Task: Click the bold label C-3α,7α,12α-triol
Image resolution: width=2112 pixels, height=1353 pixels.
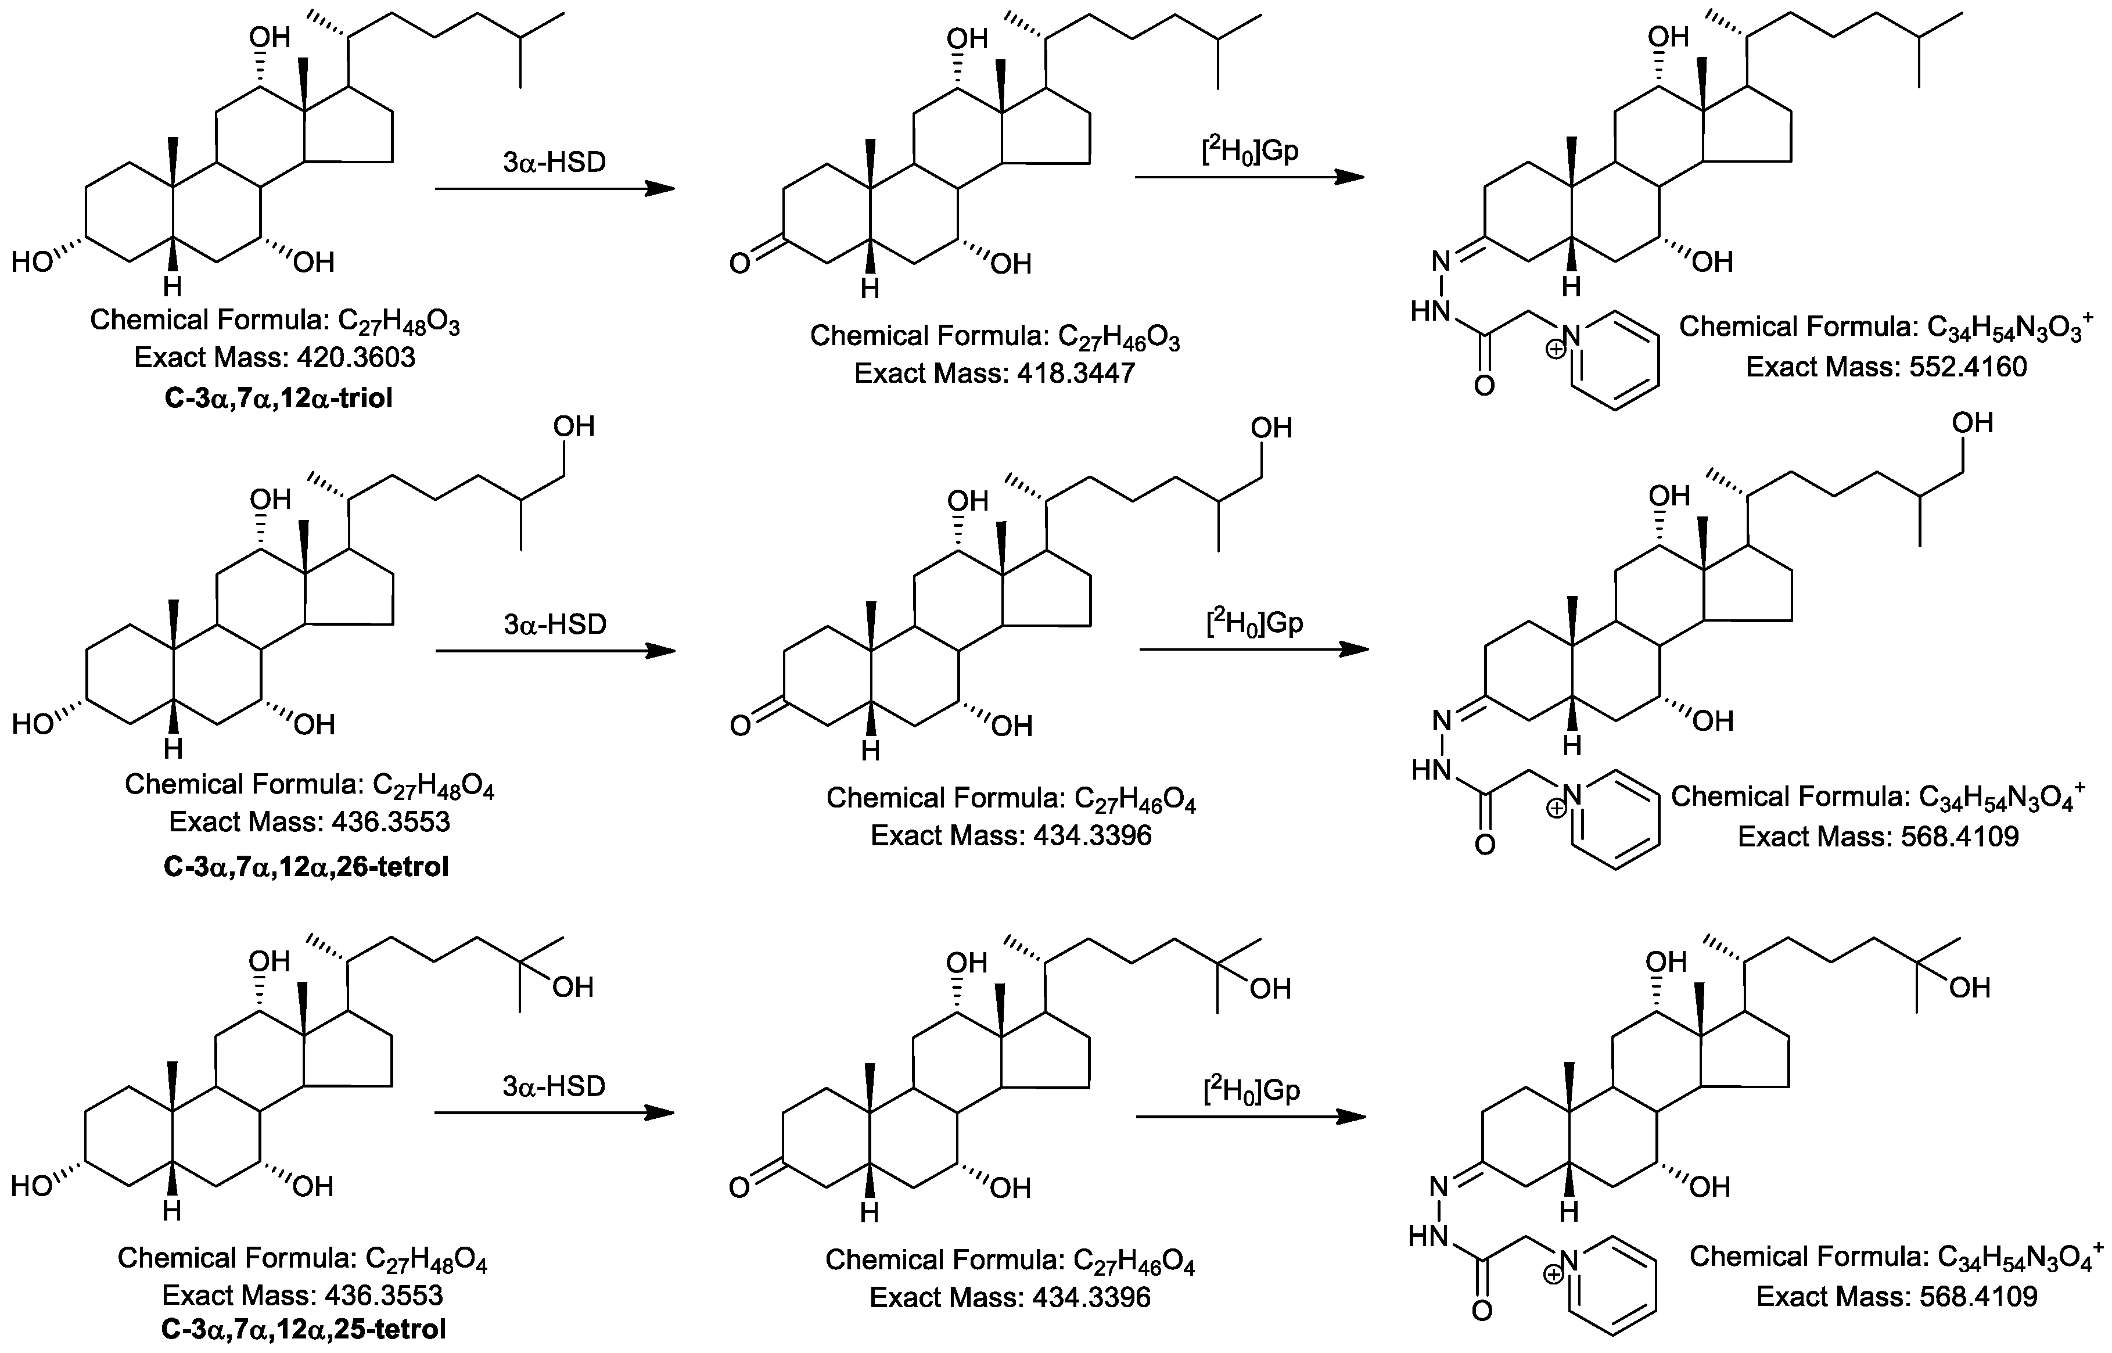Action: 278,398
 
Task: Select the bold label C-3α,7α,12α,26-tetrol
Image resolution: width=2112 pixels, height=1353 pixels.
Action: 306,867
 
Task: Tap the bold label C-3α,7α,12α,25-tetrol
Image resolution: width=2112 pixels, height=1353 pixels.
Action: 304,1329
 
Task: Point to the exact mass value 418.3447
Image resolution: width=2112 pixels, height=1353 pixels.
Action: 1076,374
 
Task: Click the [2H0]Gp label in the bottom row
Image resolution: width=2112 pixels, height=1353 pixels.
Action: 1251,1091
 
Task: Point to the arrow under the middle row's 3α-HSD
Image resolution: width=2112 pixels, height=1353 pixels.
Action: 555,651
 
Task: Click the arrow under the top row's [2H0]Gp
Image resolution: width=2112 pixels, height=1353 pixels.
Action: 1249,177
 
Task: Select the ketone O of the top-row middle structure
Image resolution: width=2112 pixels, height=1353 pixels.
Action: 740,263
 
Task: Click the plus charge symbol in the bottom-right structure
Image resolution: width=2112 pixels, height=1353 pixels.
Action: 1553,1275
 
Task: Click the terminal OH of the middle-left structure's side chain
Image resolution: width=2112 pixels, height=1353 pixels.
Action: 573,426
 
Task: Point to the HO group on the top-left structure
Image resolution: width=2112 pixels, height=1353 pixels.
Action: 33,262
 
